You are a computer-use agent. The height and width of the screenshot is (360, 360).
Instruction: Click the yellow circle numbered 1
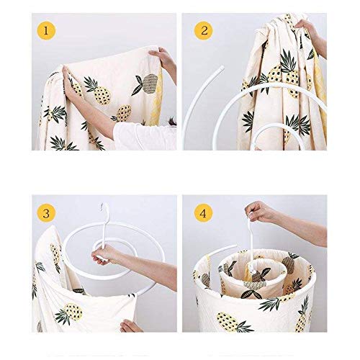tap(46, 31)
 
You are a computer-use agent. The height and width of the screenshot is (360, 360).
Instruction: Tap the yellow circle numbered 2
tap(204, 31)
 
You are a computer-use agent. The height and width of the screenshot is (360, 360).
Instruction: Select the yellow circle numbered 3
tap(46, 213)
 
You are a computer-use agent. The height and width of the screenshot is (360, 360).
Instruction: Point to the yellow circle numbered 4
tap(204, 213)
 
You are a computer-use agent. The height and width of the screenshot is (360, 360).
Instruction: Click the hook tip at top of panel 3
tap(102, 206)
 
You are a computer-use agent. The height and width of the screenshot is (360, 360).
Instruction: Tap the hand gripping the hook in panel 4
tap(258, 211)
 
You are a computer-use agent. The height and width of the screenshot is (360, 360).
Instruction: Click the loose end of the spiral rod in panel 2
tap(221, 68)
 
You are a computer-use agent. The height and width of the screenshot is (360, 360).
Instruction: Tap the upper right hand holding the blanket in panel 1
tap(163, 60)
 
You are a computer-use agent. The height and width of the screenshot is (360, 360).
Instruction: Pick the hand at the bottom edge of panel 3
tap(129, 326)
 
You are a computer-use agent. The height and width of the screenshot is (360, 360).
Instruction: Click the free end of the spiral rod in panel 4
tap(235, 246)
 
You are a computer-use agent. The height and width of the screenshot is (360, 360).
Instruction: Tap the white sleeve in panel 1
tap(144, 136)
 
